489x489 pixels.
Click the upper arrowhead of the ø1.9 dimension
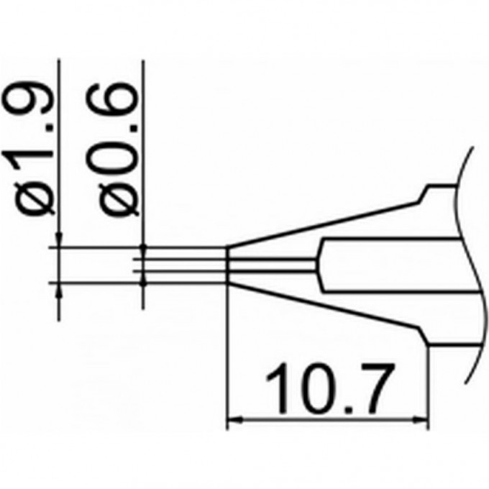[58, 241]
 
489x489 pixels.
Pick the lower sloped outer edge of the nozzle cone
[324, 311]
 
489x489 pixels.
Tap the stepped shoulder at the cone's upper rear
[428, 190]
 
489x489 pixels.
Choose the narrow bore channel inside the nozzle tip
[273, 265]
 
